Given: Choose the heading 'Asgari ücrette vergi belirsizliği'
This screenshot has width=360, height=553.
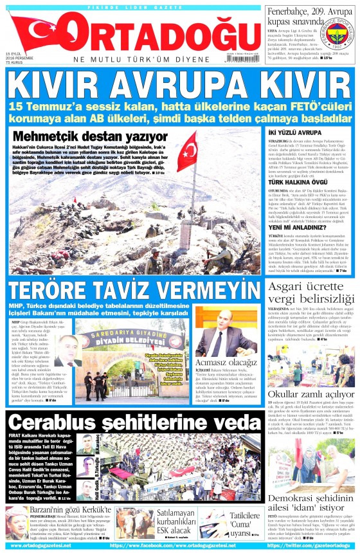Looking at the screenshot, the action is pos(309,276).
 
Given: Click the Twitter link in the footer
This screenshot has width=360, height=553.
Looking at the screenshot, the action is pos(310,547).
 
